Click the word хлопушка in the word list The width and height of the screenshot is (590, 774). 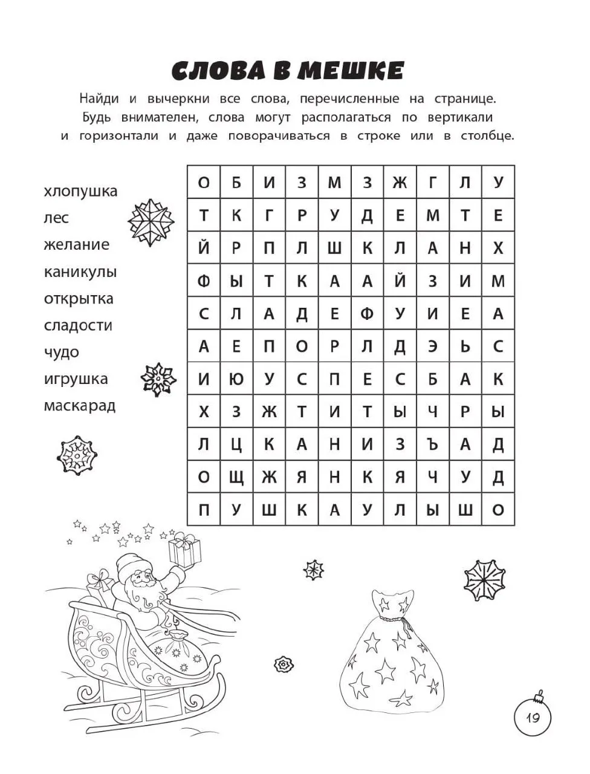point(80,192)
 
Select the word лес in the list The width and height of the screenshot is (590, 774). point(56,218)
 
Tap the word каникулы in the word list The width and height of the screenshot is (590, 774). point(80,272)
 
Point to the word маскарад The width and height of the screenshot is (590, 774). point(79,406)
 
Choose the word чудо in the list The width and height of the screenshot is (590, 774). point(61,353)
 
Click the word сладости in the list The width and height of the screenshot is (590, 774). point(78,325)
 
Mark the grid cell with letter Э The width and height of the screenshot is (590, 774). point(432,346)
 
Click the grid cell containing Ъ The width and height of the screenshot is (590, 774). point(432,444)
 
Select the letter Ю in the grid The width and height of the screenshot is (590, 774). point(236,380)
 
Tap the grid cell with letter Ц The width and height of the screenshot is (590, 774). point(236,444)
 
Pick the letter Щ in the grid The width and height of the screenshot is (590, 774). point(236,477)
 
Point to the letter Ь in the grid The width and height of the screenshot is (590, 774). point(465,346)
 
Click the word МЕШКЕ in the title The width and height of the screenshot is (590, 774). point(351,71)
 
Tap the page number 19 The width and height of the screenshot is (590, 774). point(533,718)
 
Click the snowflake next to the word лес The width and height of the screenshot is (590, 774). point(151,219)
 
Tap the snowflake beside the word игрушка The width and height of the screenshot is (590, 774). point(158,379)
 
